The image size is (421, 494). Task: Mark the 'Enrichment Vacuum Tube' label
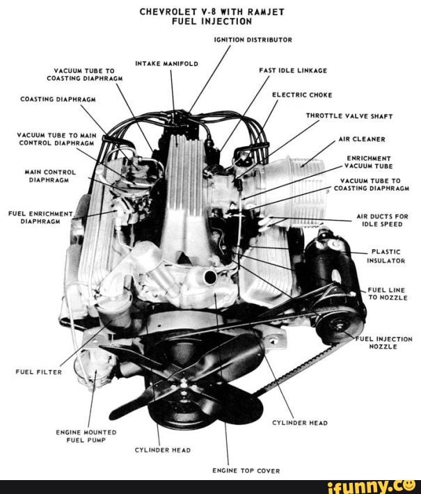(370, 162)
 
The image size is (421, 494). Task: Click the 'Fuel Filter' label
(38, 372)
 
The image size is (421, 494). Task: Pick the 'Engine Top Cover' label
(246, 470)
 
